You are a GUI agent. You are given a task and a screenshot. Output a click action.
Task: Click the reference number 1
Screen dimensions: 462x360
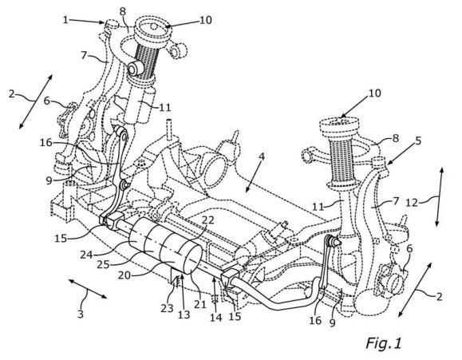tap(65, 20)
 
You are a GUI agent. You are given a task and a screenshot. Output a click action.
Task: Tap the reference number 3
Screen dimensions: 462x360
tap(81, 314)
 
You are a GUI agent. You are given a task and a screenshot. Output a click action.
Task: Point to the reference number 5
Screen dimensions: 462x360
tap(418, 140)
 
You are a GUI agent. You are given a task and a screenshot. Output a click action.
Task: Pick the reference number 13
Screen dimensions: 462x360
tap(184, 315)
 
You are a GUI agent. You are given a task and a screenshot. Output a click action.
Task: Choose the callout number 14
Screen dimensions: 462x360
tap(215, 317)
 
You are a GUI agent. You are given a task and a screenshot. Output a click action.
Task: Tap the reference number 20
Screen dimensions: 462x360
tap(124, 275)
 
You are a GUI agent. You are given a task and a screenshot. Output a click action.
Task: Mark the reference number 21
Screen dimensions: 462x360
tap(200, 303)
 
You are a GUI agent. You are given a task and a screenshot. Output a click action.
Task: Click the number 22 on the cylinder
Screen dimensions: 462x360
tap(207, 220)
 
